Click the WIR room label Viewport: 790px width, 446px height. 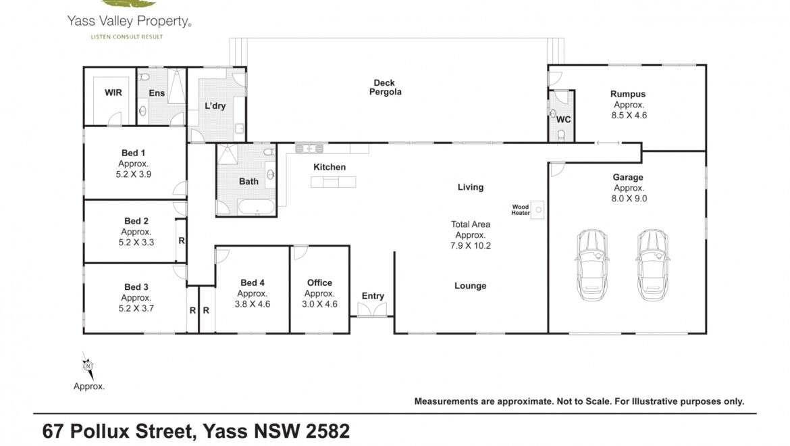tap(113, 93)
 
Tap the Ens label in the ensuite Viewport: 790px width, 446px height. tap(157, 93)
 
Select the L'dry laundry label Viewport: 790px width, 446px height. tap(215, 106)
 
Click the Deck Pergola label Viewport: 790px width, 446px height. tap(385, 87)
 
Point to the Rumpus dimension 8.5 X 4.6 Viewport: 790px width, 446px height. tap(629, 116)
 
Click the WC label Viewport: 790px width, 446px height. tap(563, 120)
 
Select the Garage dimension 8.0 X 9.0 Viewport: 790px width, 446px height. tap(629, 199)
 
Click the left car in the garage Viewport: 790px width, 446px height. tap(592, 265)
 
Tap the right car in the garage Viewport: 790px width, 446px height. tap(652, 265)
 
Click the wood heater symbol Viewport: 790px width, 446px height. tap(537, 209)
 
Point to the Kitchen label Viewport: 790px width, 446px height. tap(330, 168)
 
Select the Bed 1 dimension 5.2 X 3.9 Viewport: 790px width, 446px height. tap(134, 174)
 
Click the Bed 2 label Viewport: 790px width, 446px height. tap(136, 221)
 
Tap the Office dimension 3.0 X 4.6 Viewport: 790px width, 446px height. tap(319, 304)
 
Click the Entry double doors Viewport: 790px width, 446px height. tap(372, 309)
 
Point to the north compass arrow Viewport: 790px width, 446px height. tap(88, 366)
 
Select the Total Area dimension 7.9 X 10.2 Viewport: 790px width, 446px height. tap(471, 246)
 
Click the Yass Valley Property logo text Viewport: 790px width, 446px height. tap(129, 21)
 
